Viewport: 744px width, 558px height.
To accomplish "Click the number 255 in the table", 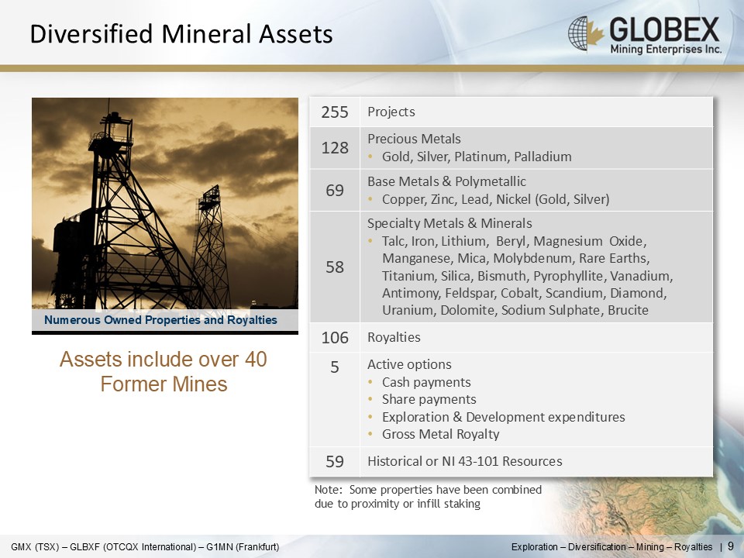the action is point(335,112).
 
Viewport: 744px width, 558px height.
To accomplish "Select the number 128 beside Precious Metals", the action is point(335,148).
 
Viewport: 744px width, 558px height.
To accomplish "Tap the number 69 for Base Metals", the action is point(335,191).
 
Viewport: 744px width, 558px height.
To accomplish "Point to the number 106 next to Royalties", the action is point(335,338).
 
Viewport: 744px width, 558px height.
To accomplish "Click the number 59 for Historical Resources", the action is point(335,461).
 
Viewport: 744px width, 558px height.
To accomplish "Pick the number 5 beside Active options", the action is point(335,367).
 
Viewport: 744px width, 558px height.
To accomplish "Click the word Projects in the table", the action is point(391,112).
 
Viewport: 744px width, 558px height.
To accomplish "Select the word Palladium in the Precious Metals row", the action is point(542,157).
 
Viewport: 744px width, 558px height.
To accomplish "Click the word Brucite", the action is point(628,310).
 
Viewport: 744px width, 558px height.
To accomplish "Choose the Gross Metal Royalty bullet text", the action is point(440,434).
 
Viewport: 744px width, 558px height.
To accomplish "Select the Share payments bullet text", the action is point(429,400).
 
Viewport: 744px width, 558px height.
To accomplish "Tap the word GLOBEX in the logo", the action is point(664,29).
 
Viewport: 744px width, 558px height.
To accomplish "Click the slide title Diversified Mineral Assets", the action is point(181,34).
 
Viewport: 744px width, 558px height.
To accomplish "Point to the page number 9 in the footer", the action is point(730,546).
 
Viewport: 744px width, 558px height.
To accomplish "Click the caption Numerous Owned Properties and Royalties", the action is point(160,320).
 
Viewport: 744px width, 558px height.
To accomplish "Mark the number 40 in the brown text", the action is point(256,359).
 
